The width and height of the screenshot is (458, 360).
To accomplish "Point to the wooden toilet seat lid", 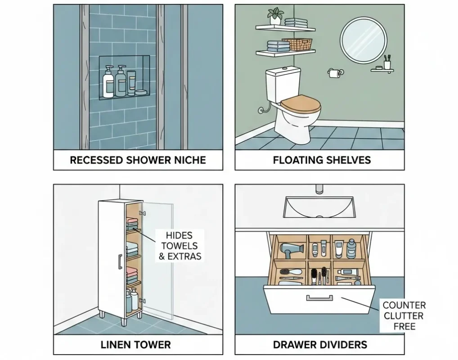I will pyautogui.click(x=301, y=104).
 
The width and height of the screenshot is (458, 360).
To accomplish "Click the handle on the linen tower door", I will pyautogui.click(x=120, y=262).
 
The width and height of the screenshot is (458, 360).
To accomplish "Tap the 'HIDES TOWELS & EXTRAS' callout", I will pyautogui.click(x=179, y=246).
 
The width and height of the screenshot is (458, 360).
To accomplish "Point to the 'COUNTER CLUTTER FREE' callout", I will pyautogui.click(x=404, y=315).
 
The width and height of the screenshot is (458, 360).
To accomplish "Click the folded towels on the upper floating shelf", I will pyautogui.click(x=296, y=22).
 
